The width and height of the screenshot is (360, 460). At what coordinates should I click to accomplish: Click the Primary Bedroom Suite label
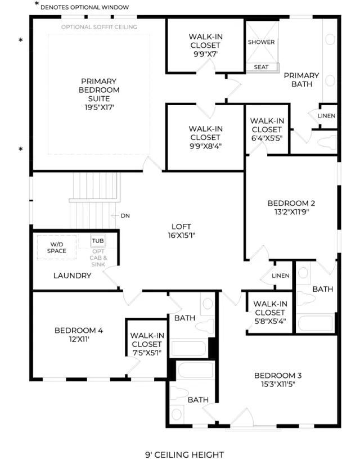99,90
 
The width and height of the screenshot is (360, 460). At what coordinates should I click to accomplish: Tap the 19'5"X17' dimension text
99,107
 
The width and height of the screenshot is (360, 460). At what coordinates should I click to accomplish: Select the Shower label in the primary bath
262,42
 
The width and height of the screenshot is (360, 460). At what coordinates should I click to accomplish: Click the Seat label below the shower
261,67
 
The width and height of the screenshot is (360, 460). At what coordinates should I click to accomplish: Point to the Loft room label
181,227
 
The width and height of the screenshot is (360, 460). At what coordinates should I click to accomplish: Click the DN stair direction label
125,215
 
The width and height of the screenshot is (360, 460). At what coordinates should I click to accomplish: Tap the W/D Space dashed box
57,247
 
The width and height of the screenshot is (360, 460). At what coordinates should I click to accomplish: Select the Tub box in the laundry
98,241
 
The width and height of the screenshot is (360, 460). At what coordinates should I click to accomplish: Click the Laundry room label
72,276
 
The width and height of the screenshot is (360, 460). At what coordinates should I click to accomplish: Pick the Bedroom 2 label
291,203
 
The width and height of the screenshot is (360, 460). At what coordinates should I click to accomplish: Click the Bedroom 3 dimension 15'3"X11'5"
278,384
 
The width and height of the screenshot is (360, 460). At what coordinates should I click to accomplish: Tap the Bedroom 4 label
79,330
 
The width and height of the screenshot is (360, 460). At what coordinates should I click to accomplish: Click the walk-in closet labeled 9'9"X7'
205,45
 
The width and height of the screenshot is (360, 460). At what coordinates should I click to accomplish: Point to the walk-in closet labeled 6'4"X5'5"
267,129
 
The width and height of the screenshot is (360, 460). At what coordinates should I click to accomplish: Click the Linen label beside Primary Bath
326,116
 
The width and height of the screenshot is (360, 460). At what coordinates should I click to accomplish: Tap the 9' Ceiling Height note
184,454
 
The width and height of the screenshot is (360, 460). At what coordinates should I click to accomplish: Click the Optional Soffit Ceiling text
99,27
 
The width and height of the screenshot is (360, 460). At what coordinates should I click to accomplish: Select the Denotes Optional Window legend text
84,7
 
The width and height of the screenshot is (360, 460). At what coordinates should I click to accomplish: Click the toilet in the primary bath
327,142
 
